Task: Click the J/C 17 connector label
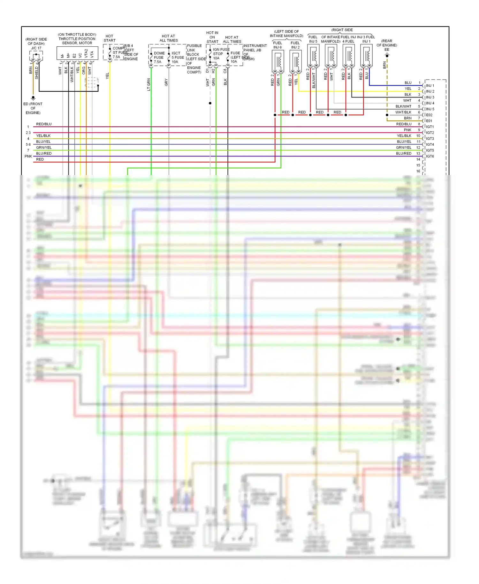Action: tap(36, 48)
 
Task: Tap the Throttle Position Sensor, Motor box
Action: tap(77, 53)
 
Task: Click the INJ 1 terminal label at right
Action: tap(430, 86)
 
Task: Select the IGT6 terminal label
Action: tap(430, 156)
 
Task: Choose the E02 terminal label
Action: tap(429, 115)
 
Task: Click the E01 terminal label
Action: tap(429, 121)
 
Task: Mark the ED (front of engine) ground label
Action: tap(33, 108)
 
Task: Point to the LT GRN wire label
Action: tap(149, 84)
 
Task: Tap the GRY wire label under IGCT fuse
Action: tap(166, 82)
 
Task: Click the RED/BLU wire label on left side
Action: tap(44, 124)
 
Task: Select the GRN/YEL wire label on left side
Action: tap(44, 148)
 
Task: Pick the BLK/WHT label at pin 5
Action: tap(403, 106)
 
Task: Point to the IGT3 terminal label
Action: tap(430, 139)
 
